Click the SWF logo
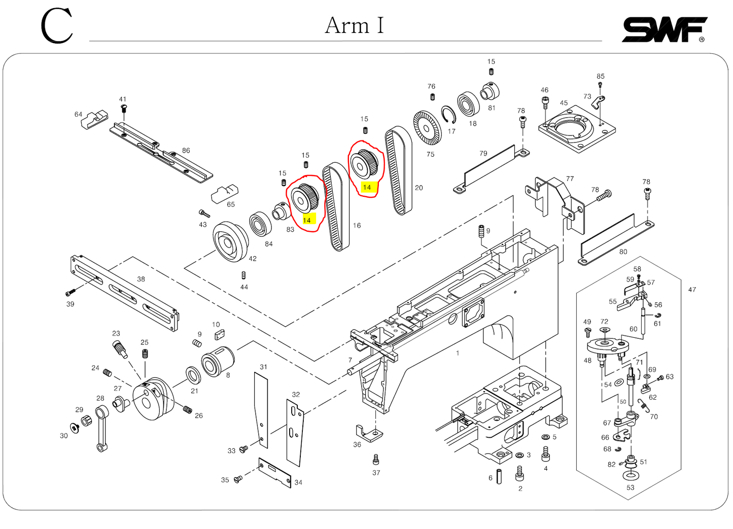(664, 30)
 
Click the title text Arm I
(354, 25)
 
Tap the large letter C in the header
(56, 26)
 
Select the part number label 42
(253, 259)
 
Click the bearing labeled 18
(468, 103)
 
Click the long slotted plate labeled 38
(124, 293)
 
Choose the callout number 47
(692, 290)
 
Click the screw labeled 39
(71, 293)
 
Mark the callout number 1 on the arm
(458, 353)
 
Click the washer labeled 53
(631, 475)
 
